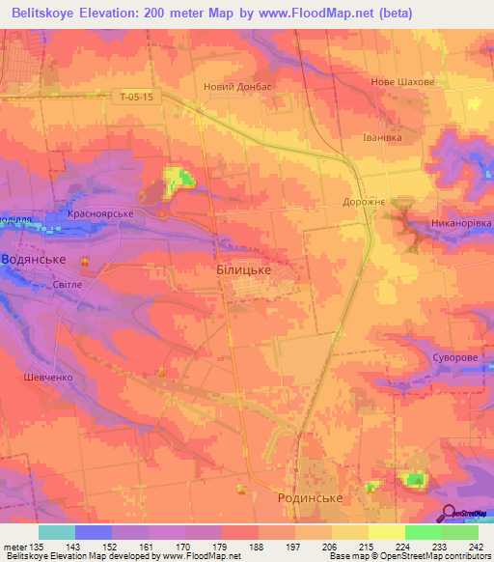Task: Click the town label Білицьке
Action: tap(242, 273)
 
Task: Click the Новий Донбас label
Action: tap(238, 86)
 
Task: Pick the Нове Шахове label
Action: tap(402, 82)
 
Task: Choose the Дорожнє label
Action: tap(365, 203)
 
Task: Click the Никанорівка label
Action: tap(461, 223)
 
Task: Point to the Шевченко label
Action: tap(46, 378)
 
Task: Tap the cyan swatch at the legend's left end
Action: tap(56, 532)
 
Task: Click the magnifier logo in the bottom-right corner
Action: tap(450, 515)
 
